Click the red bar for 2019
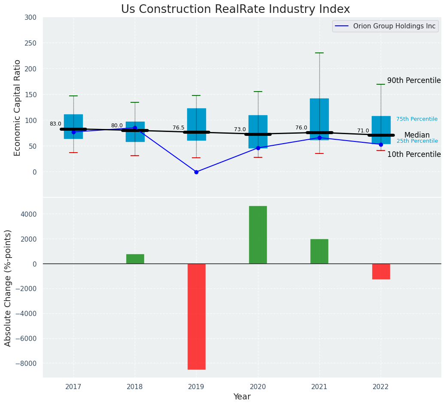click(196, 316)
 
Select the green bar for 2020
click(258, 235)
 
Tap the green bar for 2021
click(319, 252)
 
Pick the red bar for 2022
click(381, 271)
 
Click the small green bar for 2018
click(135, 259)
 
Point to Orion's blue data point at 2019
click(196, 172)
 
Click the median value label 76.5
click(179, 128)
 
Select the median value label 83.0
click(55, 124)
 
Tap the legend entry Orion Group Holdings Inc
click(394, 26)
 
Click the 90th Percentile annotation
click(414, 80)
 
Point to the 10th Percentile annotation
click(414, 154)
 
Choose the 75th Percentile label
click(417, 119)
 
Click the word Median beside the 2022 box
click(417, 135)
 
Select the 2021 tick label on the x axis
click(319, 387)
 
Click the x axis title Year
click(242, 397)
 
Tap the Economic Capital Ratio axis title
click(17, 107)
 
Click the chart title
click(235, 9)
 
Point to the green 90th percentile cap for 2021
click(319, 53)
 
